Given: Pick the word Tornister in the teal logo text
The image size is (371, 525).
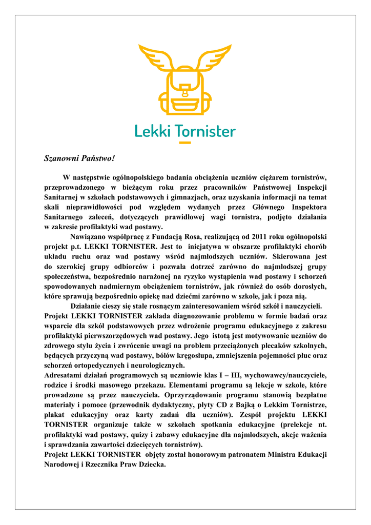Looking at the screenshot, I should pyautogui.click(x=205, y=131).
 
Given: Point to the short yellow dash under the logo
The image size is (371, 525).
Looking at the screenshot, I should pyautogui.click(x=185, y=142).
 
